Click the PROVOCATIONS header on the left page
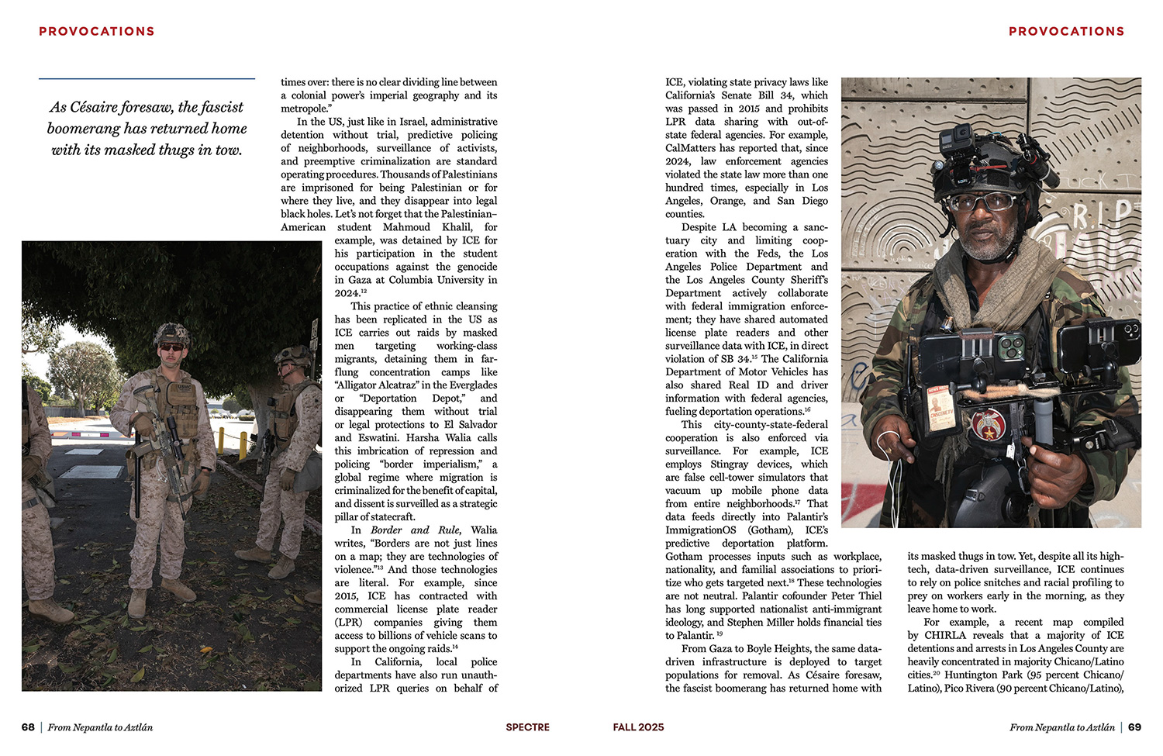pos(97,32)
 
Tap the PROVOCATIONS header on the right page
pos(1066,32)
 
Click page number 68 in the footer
pos(28,727)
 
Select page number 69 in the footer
pos(1134,727)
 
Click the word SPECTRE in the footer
pos(527,727)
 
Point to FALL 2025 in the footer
pos(638,727)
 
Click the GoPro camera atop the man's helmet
pos(955,142)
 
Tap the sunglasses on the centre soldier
pos(172,347)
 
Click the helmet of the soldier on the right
pos(292,355)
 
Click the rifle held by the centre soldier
pos(163,442)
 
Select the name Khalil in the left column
pos(457,227)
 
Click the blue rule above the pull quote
pos(147,78)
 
